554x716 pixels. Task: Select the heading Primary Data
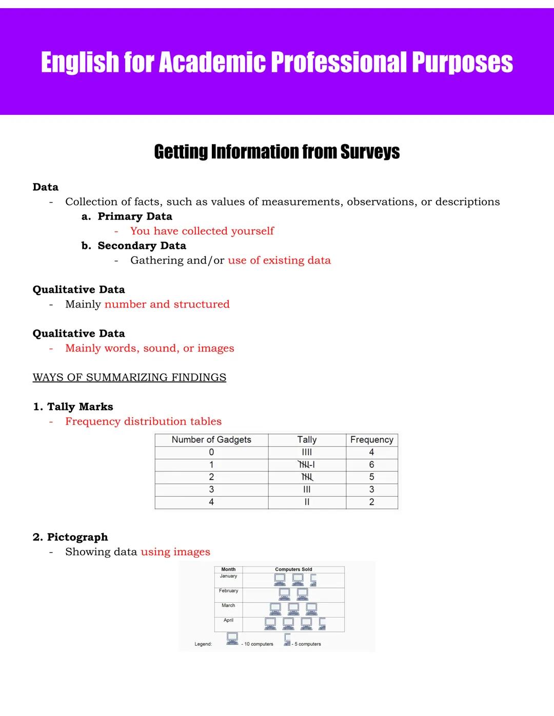pyautogui.click(x=135, y=216)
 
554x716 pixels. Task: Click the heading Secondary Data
pyautogui.click(x=142, y=246)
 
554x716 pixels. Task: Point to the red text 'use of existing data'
pyautogui.click(x=279, y=260)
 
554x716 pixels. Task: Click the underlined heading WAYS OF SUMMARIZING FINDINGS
pyautogui.click(x=129, y=378)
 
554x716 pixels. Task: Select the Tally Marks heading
pyautogui.click(x=80, y=407)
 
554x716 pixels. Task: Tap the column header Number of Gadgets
pyautogui.click(x=211, y=440)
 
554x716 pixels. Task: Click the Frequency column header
pyautogui.click(x=371, y=440)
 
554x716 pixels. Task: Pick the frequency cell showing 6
pyautogui.click(x=371, y=465)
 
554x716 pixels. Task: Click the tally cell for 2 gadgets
pyautogui.click(x=307, y=477)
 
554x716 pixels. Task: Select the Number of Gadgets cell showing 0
pyautogui.click(x=211, y=452)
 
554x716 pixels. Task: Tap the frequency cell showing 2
pyautogui.click(x=371, y=502)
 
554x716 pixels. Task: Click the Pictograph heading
pyautogui.click(x=77, y=537)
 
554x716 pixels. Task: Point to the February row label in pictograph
pyautogui.click(x=228, y=591)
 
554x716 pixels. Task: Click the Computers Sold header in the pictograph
pyautogui.click(x=293, y=569)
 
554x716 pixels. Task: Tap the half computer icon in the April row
pyautogui.click(x=322, y=623)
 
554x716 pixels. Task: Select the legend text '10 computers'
pyautogui.click(x=259, y=644)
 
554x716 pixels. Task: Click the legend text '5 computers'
pyautogui.click(x=307, y=644)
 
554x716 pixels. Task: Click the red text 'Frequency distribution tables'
pyautogui.click(x=143, y=421)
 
